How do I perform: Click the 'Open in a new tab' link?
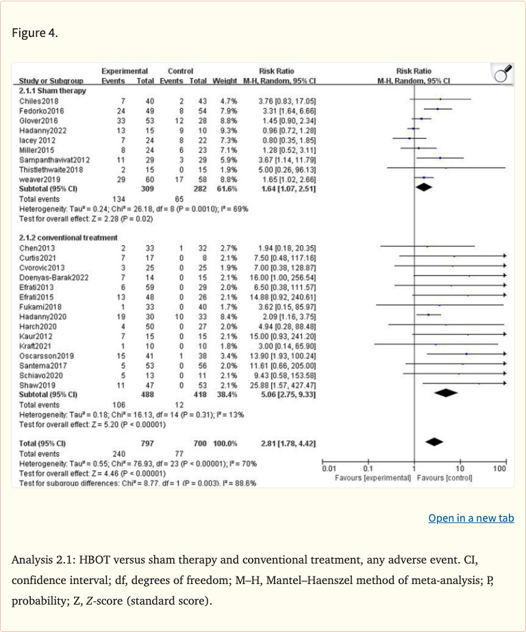(x=471, y=518)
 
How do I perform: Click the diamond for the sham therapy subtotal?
(x=425, y=188)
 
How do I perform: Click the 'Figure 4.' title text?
(x=34, y=33)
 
